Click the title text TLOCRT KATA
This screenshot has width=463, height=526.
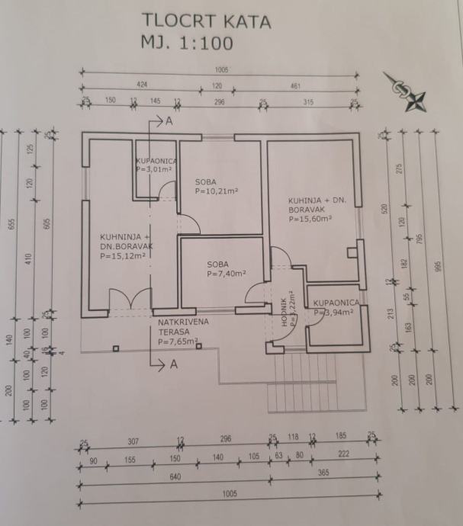[x=206, y=21]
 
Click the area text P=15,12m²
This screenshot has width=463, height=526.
[x=122, y=256]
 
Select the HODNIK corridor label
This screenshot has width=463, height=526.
[x=284, y=310]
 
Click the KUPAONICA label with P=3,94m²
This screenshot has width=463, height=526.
[x=336, y=307]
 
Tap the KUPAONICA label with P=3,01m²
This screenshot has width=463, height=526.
[x=156, y=165]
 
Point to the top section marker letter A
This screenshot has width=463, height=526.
[x=169, y=121]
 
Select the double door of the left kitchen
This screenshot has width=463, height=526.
[x=130, y=299]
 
